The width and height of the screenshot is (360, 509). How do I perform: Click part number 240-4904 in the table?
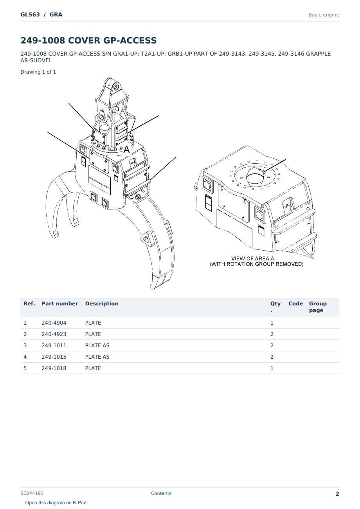pos(54,323)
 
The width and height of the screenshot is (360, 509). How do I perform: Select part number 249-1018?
pos(54,368)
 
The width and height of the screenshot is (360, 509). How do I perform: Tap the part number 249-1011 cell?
pos(54,345)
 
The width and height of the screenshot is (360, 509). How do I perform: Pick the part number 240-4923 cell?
pos(54,334)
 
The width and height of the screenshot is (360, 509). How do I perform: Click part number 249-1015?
pos(54,357)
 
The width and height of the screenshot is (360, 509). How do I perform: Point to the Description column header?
pos(101,303)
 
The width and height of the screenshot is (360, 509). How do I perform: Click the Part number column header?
pos(60,303)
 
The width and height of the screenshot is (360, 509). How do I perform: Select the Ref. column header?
pos(29,303)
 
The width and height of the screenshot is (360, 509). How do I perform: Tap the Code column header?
pos(295,303)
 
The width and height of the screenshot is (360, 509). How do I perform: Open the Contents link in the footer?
pos(161,493)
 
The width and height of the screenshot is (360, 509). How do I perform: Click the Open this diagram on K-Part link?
pos(56,503)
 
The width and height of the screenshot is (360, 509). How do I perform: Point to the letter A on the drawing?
pos(126,150)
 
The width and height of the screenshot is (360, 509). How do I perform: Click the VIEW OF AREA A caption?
pos(252,258)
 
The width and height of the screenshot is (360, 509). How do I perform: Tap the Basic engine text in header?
pos(324,15)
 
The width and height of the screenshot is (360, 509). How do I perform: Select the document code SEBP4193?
pos(32,493)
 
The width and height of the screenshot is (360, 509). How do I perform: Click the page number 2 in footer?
pos(337,494)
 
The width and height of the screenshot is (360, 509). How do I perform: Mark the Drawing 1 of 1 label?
pos(38,72)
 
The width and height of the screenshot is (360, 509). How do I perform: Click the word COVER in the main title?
pos(84,40)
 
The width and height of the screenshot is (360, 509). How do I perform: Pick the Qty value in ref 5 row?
pos(272,368)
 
